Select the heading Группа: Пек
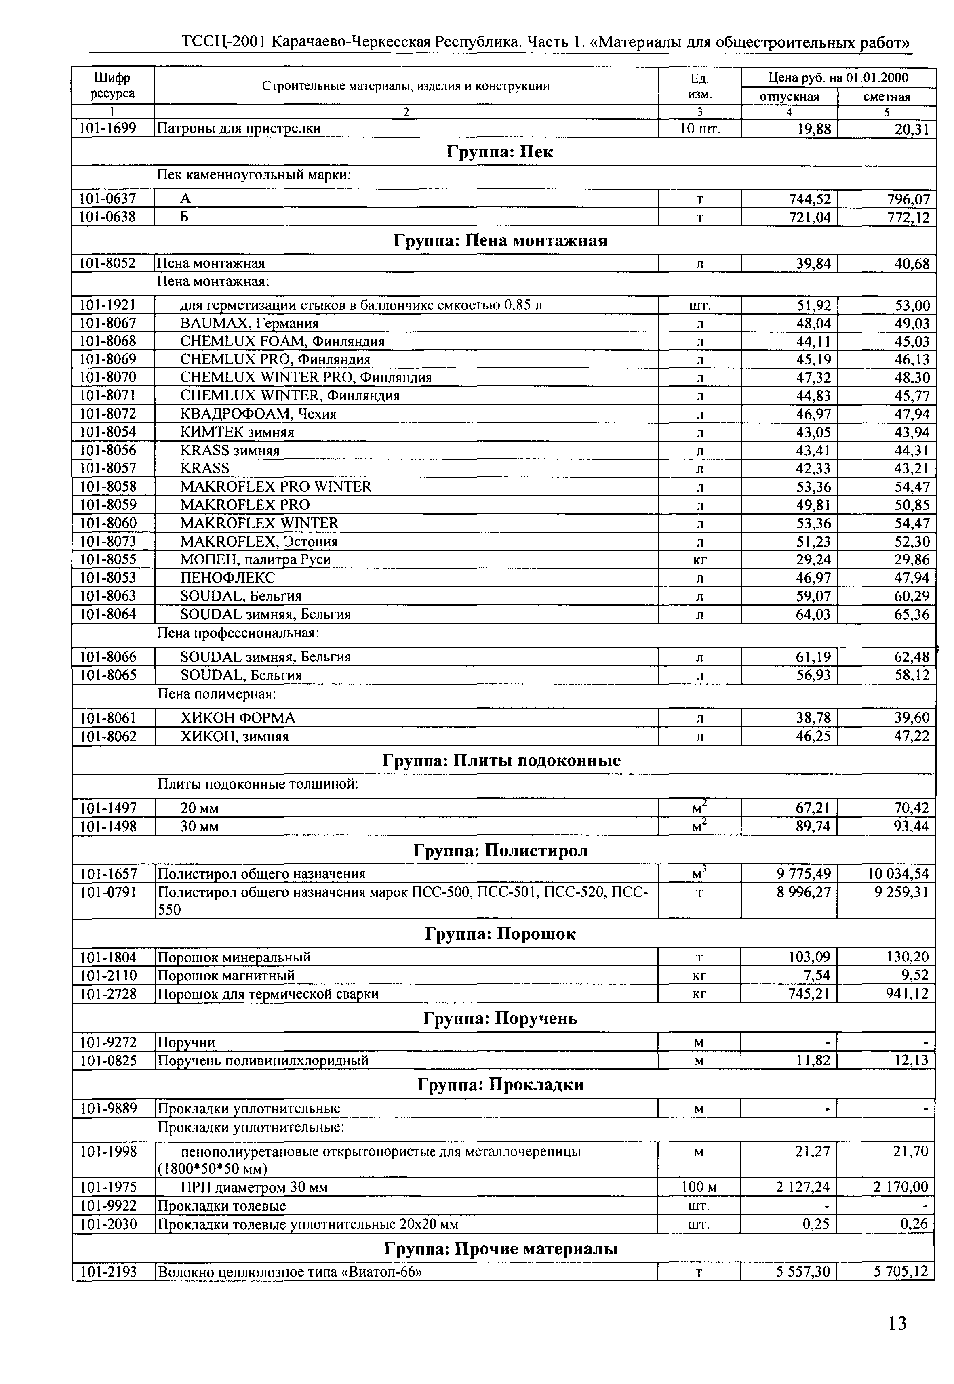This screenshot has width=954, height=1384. [x=500, y=152]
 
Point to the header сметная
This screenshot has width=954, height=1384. [x=887, y=97]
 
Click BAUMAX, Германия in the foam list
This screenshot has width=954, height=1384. [x=249, y=323]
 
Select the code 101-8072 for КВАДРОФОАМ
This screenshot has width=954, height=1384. [x=108, y=414]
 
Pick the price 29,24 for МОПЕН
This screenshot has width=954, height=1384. [x=813, y=559]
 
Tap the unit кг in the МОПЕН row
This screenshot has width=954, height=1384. [x=699, y=560]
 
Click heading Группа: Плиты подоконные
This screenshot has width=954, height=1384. [x=501, y=761]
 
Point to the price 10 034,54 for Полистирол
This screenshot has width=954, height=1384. [x=898, y=874]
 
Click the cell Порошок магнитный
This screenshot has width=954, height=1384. [x=225, y=975]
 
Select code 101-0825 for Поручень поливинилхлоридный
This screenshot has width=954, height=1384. [x=108, y=1061]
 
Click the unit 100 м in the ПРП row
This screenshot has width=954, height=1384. [x=699, y=1187]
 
